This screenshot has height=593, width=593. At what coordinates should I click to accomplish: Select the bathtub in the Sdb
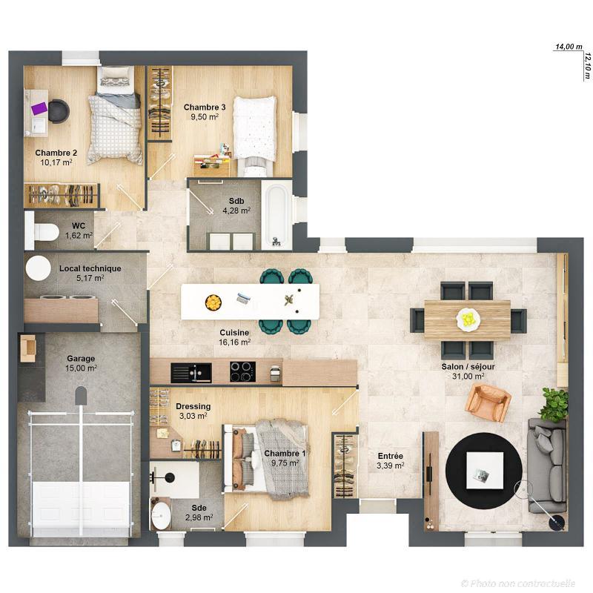click(276, 216)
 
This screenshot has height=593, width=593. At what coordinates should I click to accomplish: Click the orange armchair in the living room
click(488, 403)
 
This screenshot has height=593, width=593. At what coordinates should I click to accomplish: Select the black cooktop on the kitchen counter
click(242, 371)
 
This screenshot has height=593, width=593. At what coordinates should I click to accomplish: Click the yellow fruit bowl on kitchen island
click(213, 302)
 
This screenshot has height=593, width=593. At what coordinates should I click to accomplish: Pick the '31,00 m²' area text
click(469, 377)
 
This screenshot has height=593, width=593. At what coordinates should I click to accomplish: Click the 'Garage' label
click(81, 358)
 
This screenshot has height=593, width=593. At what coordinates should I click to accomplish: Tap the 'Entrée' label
click(390, 456)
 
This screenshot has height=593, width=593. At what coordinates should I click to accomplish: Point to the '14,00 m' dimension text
click(569, 47)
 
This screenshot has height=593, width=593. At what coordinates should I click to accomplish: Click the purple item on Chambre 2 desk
click(39, 109)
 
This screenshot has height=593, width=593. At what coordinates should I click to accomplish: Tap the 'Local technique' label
click(90, 268)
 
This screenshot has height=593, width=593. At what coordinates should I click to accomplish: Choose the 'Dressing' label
click(193, 406)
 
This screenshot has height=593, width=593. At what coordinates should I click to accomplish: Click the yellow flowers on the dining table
click(468, 319)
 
